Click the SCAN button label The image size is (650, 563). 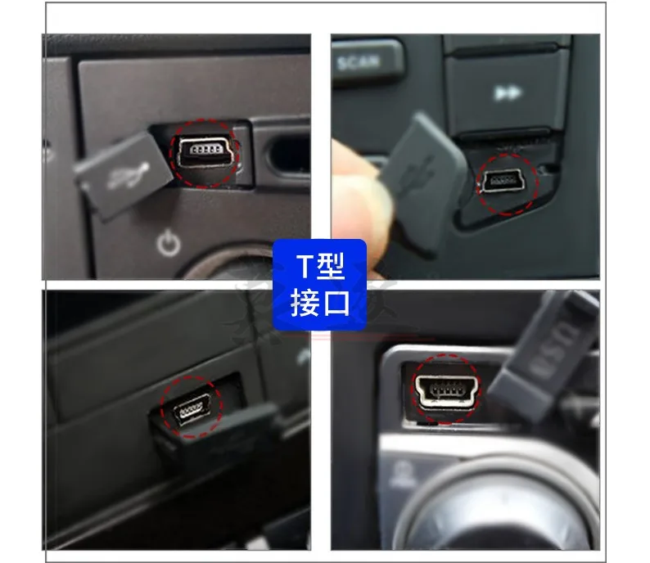[x=359, y=61]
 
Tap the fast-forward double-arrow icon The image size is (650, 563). [x=508, y=93]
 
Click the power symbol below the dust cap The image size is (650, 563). [x=168, y=243]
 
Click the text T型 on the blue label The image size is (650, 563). [x=320, y=266]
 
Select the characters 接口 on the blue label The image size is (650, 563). [x=320, y=303]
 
